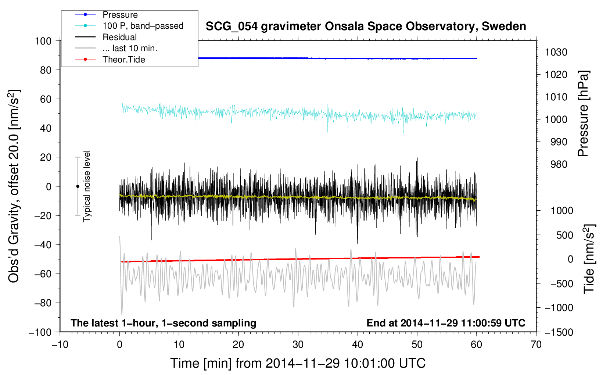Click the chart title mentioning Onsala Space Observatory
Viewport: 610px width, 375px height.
click(x=366, y=26)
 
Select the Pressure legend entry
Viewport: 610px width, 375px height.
click(x=120, y=15)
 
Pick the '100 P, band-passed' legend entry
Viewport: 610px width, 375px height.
click(x=143, y=26)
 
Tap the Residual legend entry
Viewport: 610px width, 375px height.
click(x=119, y=37)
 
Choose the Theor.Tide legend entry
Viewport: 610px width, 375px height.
click(x=123, y=60)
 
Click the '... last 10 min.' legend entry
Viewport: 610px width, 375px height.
click(x=130, y=48)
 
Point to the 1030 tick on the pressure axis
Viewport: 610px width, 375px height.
click(x=556, y=52)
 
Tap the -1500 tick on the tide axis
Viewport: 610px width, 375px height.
click(x=559, y=332)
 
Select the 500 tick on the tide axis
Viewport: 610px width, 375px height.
click(x=564, y=235)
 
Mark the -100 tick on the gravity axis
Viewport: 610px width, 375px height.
click(x=40, y=332)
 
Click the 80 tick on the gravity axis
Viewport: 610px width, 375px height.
click(x=46, y=70)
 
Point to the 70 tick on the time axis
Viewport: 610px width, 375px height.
click(x=536, y=344)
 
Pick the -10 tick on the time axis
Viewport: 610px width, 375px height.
click(x=60, y=344)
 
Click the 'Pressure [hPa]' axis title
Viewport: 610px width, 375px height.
click(x=583, y=114)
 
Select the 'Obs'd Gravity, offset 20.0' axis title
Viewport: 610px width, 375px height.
click(x=14, y=186)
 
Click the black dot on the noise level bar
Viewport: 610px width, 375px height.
click(x=78, y=186)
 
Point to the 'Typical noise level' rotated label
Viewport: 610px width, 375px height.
click(x=87, y=186)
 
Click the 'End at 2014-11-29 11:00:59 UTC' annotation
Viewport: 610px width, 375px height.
click(x=446, y=323)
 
